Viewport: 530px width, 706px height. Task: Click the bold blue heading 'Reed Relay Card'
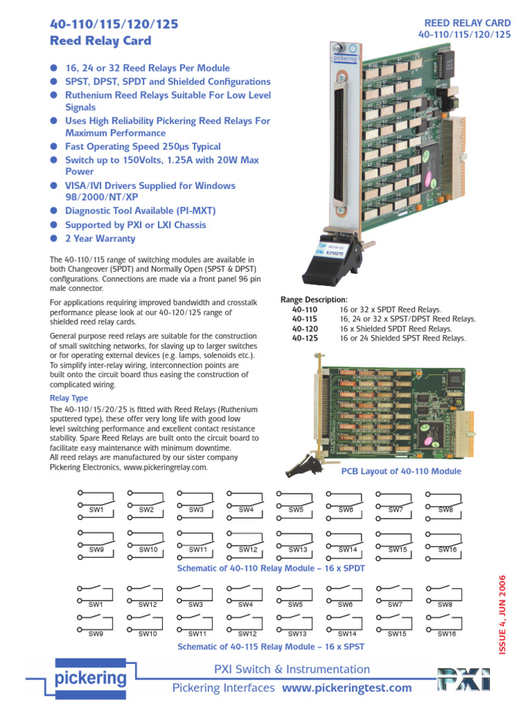pos(101,41)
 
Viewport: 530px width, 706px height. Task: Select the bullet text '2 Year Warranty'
pos(100,239)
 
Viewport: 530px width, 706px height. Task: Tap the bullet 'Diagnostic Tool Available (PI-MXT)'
pos(140,212)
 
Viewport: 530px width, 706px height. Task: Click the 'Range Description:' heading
pos(314,299)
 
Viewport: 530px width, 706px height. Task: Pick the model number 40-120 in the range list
pos(304,328)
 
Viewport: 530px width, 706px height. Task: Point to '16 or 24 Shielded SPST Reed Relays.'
pos(402,338)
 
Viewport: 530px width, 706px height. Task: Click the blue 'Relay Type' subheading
pos(69,399)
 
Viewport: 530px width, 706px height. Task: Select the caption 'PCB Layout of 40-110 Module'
pos(401,472)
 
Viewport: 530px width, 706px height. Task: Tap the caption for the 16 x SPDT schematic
pos(271,568)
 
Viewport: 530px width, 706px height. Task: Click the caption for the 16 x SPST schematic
pos(271,647)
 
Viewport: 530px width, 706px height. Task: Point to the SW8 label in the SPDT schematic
pos(445,510)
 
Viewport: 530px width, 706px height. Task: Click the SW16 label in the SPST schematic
pos(446,633)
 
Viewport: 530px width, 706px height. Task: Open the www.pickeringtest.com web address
pos(346,687)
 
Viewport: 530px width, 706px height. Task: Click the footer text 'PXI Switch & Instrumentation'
pos(292,669)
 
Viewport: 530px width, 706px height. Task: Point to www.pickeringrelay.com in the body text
pos(165,467)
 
